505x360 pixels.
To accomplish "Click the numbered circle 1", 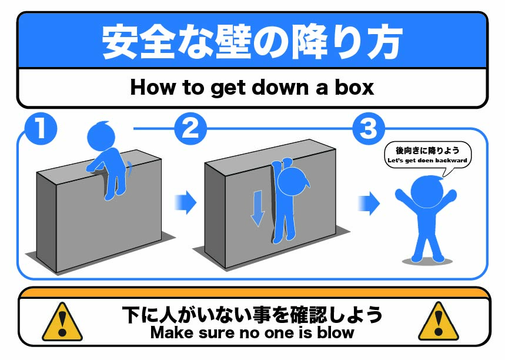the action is (x=41, y=129).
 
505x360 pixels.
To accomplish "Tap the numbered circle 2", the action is (x=190, y=129).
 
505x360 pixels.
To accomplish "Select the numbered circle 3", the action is (x=369, y=129).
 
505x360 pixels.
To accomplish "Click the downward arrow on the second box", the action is (x=257, y=208).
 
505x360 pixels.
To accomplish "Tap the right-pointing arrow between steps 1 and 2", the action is (x=186, y=202).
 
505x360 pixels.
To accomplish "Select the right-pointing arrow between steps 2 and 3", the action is (x=369, y=204).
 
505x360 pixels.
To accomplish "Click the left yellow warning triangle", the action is (x=62, y=322).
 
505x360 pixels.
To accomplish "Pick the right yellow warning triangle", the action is (x=439, y=322).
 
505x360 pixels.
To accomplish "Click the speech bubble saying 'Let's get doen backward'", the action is (x=428, y=156).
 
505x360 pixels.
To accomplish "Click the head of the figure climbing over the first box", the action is (x=101, y=136).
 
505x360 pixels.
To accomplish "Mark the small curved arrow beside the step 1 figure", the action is (x=129, y=169).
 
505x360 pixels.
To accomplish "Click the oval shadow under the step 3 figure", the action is (x=427, y=261).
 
